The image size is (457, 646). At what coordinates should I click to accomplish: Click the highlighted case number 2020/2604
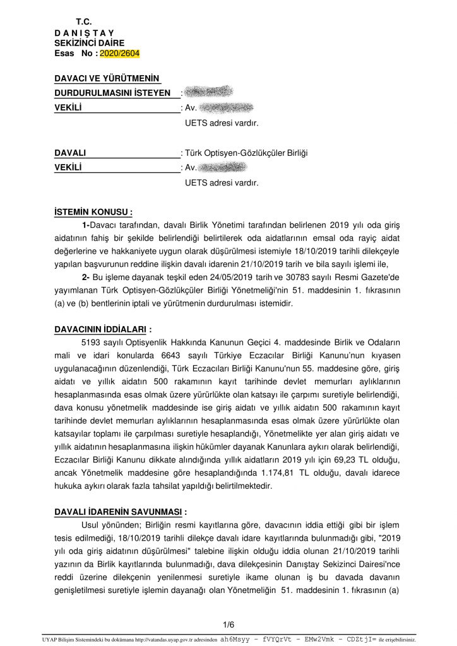(120, 54)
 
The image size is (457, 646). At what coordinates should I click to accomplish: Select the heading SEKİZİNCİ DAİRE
(89, 43)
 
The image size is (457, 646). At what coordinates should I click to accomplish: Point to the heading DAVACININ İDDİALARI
(103, 329)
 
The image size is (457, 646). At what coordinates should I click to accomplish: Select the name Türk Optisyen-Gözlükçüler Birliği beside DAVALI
(246, 153)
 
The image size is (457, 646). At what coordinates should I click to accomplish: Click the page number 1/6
(228, 625)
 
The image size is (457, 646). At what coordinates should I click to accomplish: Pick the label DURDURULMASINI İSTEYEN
(112, 93)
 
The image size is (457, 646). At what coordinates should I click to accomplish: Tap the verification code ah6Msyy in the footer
(234, 638)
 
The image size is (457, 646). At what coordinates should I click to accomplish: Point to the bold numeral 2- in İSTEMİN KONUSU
(86, 278)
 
